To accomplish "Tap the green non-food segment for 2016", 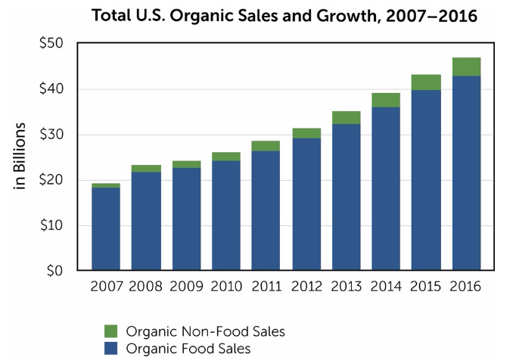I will tap(466, 67).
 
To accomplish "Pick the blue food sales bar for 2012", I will tap(306, 204).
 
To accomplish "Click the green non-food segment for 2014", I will tap(386, 100).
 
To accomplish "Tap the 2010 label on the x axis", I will tap(226, 287).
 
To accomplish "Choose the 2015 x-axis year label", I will tap(426, 287).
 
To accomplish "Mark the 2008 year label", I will tap(146, 287).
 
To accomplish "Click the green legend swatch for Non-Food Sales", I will tap(110, 331).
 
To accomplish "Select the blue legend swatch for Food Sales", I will tap(110, 349).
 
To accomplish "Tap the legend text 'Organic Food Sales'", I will tap(188, 349).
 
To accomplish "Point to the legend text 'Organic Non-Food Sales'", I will tap(205, 331).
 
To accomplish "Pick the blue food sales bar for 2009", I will tap(186, 219).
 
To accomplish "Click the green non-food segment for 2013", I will tap(346, 117).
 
